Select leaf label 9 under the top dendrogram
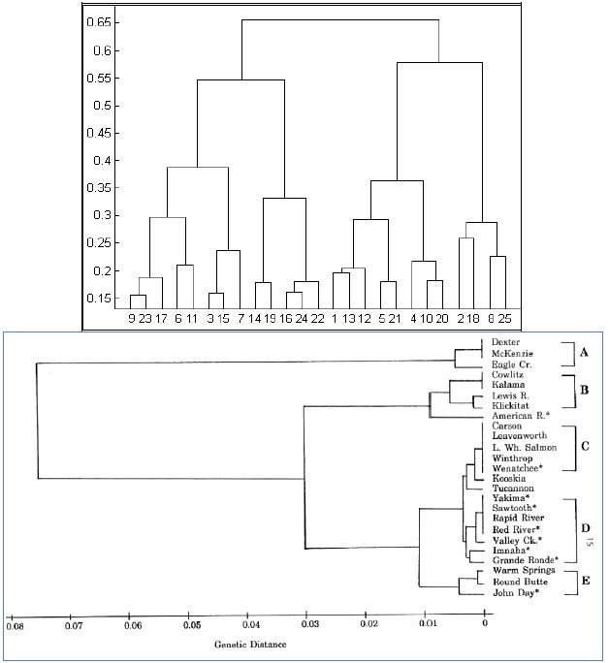[132, 317]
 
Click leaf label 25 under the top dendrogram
[501, 317]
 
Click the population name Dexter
[505, 342]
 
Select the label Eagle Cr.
[510, 363]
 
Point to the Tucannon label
[512, 489]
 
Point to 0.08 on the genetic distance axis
[14, 626]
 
